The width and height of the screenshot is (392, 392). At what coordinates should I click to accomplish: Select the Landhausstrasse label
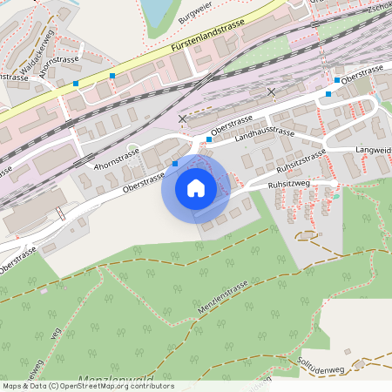(x=265, y=132)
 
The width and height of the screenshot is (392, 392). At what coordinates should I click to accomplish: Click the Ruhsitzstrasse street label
(x=301, y=160)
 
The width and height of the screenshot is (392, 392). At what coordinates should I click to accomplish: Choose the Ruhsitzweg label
(x=290, y=184)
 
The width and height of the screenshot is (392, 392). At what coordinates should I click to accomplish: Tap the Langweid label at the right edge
(x=373, y=151)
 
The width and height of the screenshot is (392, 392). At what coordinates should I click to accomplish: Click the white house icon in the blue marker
(x=196, y=187)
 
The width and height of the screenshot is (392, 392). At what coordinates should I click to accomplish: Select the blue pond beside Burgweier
(x=156, y=10)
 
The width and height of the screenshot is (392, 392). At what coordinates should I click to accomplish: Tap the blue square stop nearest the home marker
(x=175, y=163)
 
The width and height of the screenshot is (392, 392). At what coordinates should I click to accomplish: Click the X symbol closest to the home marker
(x=182, y=118)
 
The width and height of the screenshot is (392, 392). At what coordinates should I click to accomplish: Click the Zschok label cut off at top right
(x=377, y=7)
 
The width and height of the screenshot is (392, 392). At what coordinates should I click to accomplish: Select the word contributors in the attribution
(x=152, y=386)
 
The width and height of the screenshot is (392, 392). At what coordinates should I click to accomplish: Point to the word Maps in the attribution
(x=12, y=386)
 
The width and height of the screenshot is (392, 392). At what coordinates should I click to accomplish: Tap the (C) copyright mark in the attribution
(x=54, y=386)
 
